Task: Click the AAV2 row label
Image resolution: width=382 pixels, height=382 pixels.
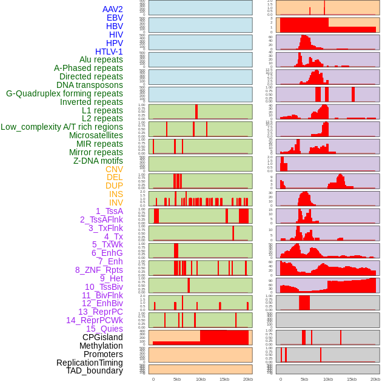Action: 112,9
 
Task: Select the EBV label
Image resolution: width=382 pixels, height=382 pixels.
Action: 115,18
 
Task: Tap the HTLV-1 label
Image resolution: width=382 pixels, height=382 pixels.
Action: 109,52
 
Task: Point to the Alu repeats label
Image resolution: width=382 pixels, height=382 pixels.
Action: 101,59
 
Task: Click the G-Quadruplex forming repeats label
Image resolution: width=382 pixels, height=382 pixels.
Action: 64,93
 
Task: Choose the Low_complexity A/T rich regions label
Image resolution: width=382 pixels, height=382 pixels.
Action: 61,127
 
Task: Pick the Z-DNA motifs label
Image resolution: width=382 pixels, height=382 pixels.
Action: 98,161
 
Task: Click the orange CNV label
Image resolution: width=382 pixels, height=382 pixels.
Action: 114,169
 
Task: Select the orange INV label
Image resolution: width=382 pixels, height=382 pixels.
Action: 116,203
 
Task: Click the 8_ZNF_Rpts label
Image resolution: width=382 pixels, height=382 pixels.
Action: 99,270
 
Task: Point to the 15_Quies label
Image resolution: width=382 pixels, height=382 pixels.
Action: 104,329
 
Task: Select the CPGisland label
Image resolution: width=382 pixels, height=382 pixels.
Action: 102,337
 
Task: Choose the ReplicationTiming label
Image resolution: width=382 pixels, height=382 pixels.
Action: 89,363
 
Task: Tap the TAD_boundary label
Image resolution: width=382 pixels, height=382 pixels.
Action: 94,370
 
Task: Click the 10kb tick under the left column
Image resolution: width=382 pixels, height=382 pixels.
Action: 200,379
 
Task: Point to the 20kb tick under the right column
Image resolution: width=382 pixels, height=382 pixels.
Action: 375,379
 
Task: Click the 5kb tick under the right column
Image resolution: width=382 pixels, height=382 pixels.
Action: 304,379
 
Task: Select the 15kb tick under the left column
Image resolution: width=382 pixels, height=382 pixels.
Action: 224,379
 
